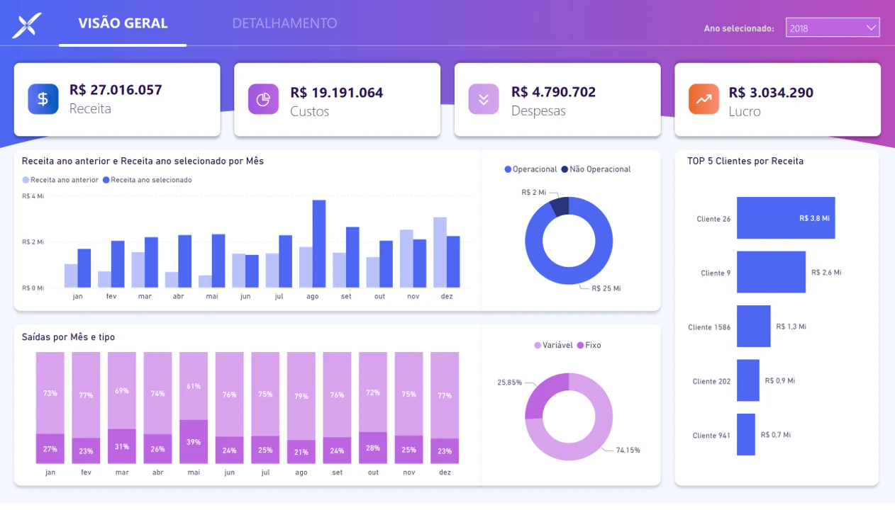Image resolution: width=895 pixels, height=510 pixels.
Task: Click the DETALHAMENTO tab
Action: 284,23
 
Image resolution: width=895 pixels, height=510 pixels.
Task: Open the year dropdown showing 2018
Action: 833,28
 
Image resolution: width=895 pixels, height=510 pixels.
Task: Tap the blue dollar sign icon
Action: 43,99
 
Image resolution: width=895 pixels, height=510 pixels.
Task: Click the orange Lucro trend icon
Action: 704,99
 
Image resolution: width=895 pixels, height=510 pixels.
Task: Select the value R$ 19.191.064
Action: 336,93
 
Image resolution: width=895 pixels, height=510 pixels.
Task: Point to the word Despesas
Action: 538,110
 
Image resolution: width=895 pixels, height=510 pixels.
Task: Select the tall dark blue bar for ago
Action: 319,244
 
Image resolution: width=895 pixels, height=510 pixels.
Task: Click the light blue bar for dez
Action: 440,252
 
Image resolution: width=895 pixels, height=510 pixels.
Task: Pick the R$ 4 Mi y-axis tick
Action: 33,196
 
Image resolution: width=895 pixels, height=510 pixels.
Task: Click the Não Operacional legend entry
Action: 596,169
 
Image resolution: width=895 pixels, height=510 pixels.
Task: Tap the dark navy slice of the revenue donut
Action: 560,206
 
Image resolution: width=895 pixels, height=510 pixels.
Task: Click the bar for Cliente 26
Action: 786,218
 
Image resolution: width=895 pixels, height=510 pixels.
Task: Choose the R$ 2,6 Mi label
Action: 826,272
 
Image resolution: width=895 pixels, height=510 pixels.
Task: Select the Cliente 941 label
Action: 711,436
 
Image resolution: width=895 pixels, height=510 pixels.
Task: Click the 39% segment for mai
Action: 194,441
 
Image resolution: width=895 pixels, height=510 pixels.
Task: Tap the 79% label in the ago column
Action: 301,396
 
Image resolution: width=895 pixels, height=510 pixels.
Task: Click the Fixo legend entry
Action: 589,345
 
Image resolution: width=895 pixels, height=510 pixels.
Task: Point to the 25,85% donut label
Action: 509,382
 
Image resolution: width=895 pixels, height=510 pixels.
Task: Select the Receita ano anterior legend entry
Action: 60,180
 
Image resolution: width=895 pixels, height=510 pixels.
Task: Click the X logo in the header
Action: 27,25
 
